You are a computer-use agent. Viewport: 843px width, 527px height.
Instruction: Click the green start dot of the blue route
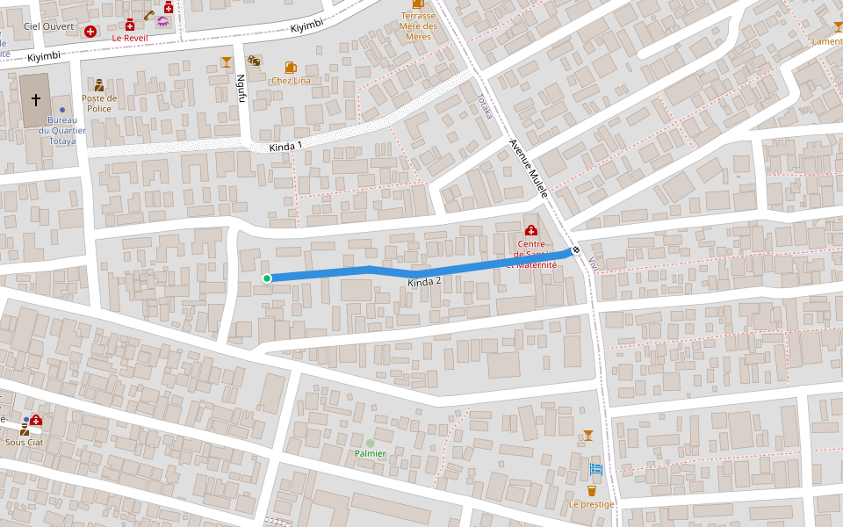[267, 278]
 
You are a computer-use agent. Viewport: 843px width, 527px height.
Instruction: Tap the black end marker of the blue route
[576, 250]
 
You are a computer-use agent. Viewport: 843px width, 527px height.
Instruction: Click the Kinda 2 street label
[424, 281]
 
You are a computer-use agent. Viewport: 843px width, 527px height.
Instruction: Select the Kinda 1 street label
[285, 145]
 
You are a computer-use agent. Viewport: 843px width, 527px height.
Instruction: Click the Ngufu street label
[241, 87]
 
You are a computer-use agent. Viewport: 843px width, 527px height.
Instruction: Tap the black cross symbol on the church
[36, 101]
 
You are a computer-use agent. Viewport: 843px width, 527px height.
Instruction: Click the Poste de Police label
[99, 104]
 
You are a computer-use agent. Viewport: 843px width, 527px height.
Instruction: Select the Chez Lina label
[291, 81]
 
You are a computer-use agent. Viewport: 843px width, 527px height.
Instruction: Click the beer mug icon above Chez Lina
[291, 67]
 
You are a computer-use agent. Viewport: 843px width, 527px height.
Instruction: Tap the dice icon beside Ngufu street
[253, 61]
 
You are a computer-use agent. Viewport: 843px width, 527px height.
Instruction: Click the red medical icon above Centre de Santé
[531, 230]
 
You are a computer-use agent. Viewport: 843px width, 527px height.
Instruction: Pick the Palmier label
[371, 453]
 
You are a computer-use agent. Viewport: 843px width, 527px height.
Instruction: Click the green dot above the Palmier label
[371, 443]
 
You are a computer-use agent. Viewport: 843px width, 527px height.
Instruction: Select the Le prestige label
[591, 504]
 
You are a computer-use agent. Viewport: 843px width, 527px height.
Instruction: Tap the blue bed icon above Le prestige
[595, 469]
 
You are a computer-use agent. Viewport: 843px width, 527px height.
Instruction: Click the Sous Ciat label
[24, 442]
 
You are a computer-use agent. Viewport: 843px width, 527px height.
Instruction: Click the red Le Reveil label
[129, 39]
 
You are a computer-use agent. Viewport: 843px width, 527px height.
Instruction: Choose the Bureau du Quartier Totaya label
[62, 130]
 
